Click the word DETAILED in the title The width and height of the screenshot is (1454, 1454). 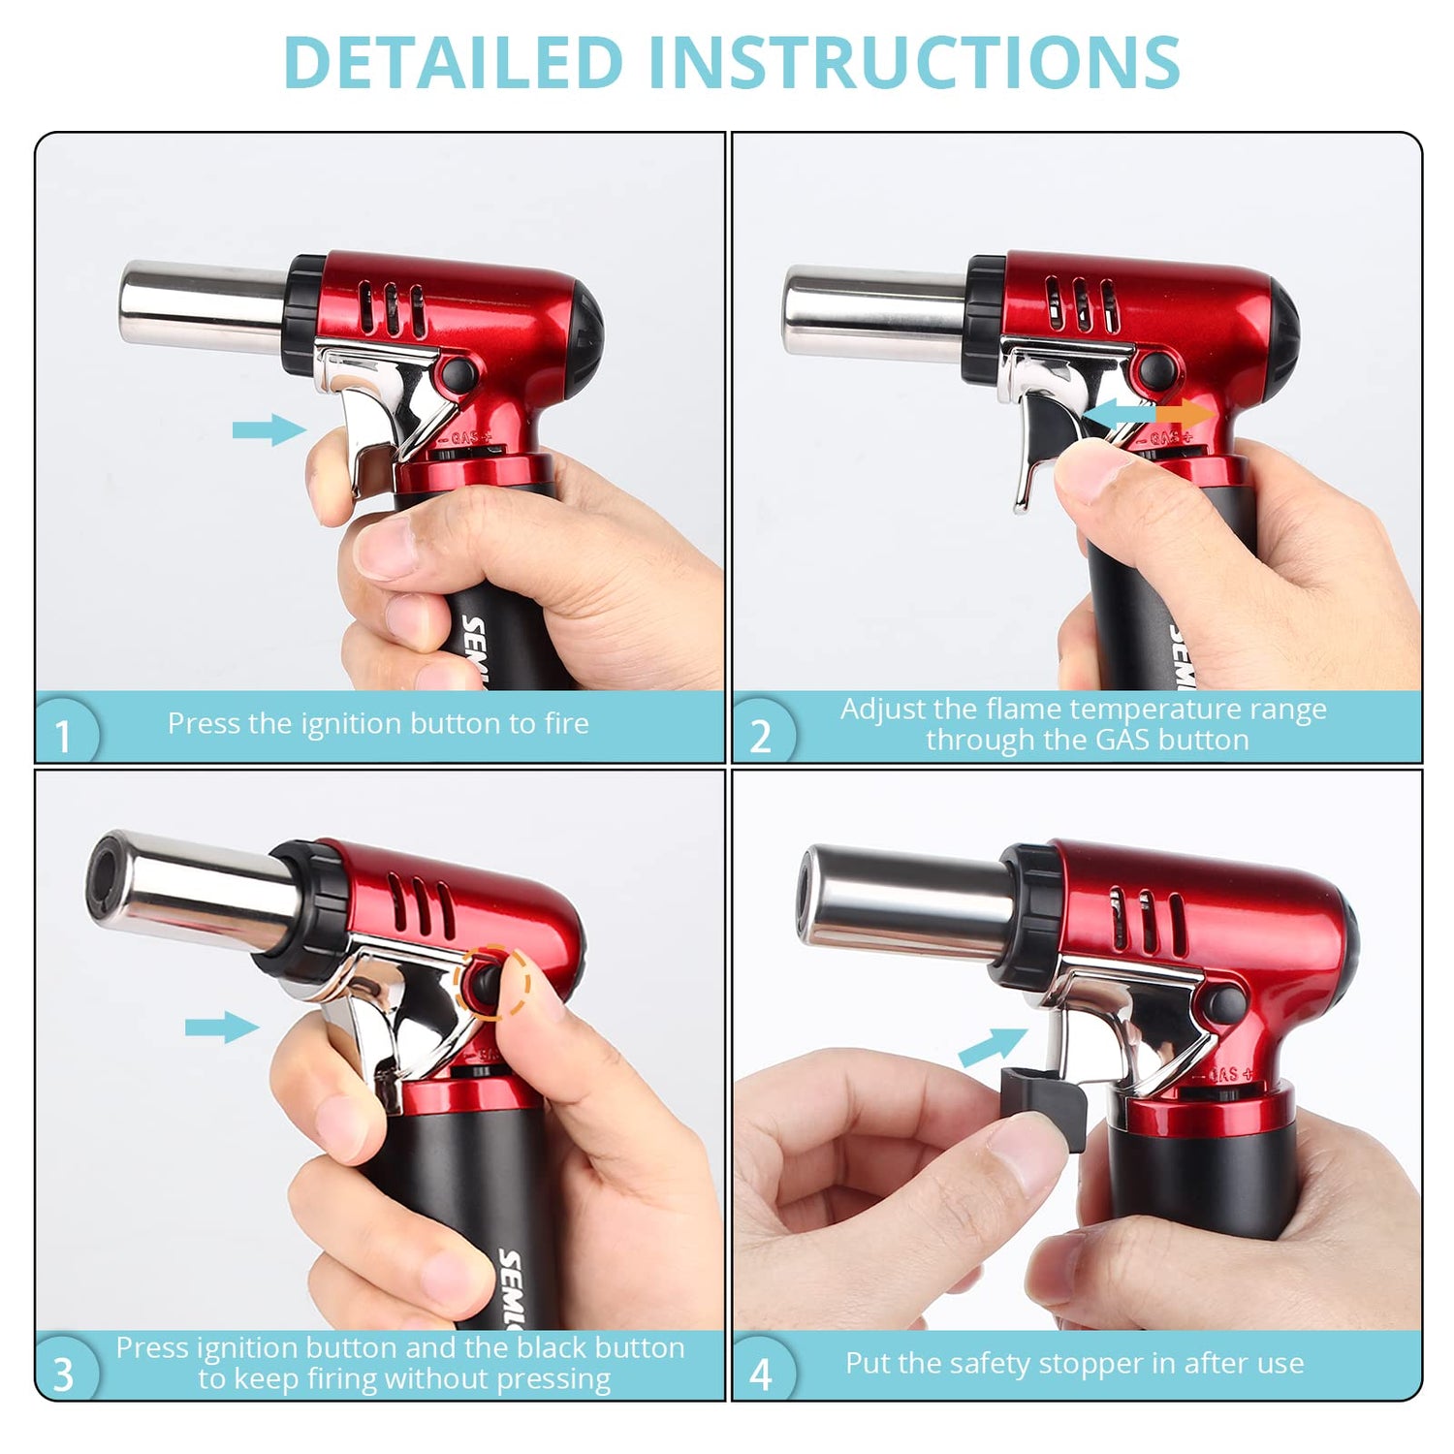pos(453,63)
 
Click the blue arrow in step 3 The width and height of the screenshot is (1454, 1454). pos(222,1027)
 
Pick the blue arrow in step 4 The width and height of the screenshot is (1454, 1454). pos(994,1046)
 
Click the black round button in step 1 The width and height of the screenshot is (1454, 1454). pos(458,374)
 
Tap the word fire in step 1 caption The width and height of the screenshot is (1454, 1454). pos(565,723)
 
